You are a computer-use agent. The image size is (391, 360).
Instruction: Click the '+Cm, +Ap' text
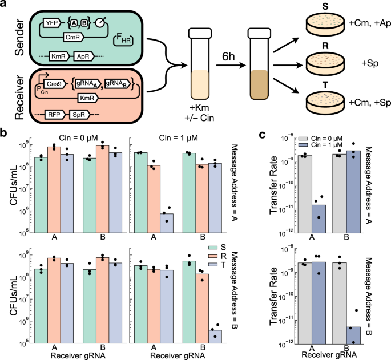pos(369,25)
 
